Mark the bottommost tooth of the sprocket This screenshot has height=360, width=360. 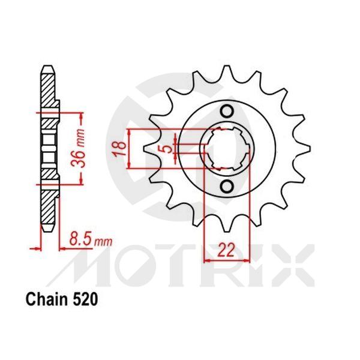coord(227,227)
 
